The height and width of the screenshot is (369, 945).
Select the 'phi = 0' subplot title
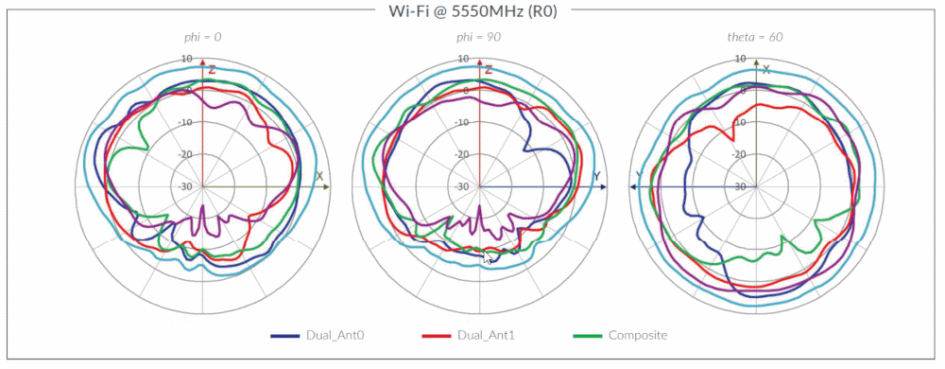point(203,38)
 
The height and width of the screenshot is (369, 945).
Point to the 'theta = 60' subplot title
point(756,38)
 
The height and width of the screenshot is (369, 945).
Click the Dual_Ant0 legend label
point(332,336)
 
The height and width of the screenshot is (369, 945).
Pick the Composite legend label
point(638,336)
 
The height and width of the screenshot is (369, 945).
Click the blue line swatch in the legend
point(284,336)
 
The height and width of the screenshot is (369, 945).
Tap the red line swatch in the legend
point(435,336)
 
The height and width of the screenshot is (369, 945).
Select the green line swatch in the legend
point(589,336)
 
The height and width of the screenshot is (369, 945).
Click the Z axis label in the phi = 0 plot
point(213,70)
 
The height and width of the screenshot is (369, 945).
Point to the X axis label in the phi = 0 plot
point(319,177)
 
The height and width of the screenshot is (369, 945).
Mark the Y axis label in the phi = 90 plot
point(596,177)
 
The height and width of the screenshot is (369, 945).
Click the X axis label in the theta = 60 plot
point(766,69)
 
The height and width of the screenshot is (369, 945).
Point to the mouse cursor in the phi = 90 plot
point(487,257)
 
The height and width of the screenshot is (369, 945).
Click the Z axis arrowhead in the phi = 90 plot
point(479,62)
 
